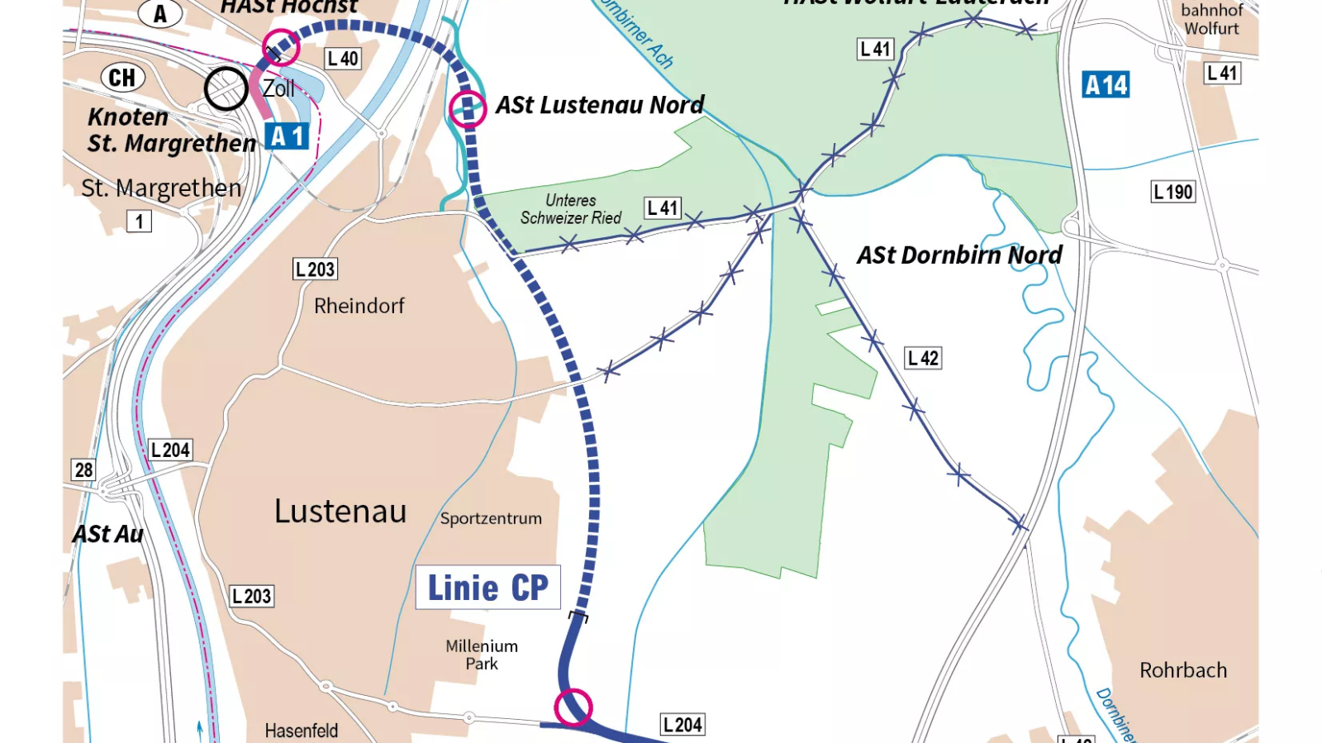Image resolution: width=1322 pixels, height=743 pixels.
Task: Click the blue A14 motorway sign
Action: pos(1106,85)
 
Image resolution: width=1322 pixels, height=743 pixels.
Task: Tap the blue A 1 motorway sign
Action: pos(287,136)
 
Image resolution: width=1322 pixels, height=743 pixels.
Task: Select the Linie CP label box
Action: pos(487,588)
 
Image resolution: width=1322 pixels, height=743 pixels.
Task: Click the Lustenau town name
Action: pos(340,512)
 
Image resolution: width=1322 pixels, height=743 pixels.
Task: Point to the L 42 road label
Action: pos(923,358)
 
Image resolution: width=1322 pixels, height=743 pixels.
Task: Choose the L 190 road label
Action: pos(1173,193)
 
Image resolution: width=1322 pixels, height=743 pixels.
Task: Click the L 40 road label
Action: pos(343,59)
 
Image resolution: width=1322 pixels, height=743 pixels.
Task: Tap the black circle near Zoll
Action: pos(226,88)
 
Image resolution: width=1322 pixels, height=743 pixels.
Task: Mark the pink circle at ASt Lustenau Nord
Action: pos(468,108)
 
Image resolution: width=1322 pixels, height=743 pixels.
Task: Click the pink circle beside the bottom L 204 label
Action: pos(573,707)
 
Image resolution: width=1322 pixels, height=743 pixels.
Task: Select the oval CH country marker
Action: pos(122,78)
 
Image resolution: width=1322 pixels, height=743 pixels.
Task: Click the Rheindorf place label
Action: pos(359,306)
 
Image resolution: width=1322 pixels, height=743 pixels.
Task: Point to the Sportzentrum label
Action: pos(491,519)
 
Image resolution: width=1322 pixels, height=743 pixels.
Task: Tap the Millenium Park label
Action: pos(482,655)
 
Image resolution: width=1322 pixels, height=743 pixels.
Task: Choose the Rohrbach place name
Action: pos(1183,670)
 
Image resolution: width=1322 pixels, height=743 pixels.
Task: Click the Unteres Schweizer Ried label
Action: pos(570,209)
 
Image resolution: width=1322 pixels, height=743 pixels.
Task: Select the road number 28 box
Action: pos(83,470)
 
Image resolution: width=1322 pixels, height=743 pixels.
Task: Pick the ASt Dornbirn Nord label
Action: pos(959,255)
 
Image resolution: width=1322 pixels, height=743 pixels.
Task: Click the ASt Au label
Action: pos(108,535)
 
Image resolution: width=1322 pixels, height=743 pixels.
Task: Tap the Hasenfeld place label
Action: pos(302,731)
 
